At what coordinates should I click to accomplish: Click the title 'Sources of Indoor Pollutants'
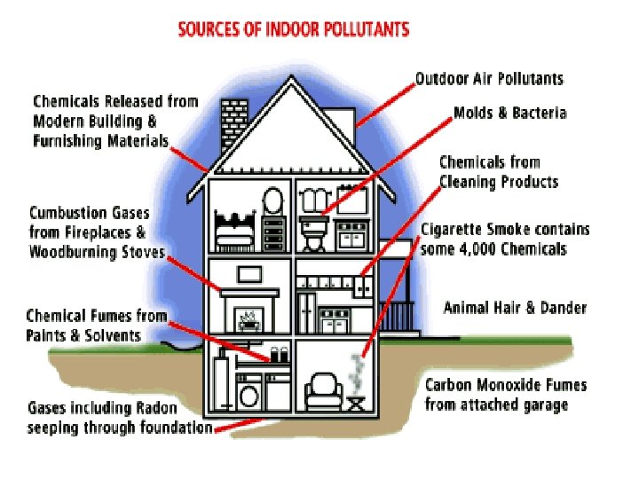(x=294, y=29)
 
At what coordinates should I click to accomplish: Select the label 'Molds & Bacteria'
(x=509, y=114)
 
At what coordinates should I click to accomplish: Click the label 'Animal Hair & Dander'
(x=515, y=308)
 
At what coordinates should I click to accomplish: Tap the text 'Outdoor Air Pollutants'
(x=489, y=79)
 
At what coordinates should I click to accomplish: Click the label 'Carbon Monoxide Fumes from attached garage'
(x=505, y=395)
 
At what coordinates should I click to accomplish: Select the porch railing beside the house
(x=398, y=314)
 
